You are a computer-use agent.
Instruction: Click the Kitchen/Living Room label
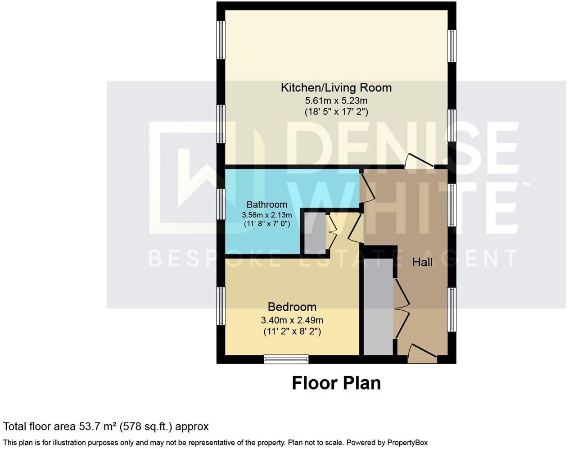click(x=336, y=87)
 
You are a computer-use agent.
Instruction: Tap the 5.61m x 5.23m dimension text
click(x=336, y=100)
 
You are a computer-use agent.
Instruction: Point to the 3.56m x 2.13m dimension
click(x=266, y=215)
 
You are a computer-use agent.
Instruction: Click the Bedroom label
click(x=292, y=307)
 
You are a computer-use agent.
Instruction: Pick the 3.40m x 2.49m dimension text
click(x=292, y=320)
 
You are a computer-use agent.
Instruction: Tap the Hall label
click(x=422, y=262)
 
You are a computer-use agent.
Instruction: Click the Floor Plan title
click(x=336, y=383)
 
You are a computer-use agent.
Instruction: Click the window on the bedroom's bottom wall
click(x=286, y=359)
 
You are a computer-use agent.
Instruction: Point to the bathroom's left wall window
click(x=221, y=204)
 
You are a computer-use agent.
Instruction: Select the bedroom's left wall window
click(x=221, y=306)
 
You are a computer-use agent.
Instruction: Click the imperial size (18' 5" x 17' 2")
click(x=336, y=112)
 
